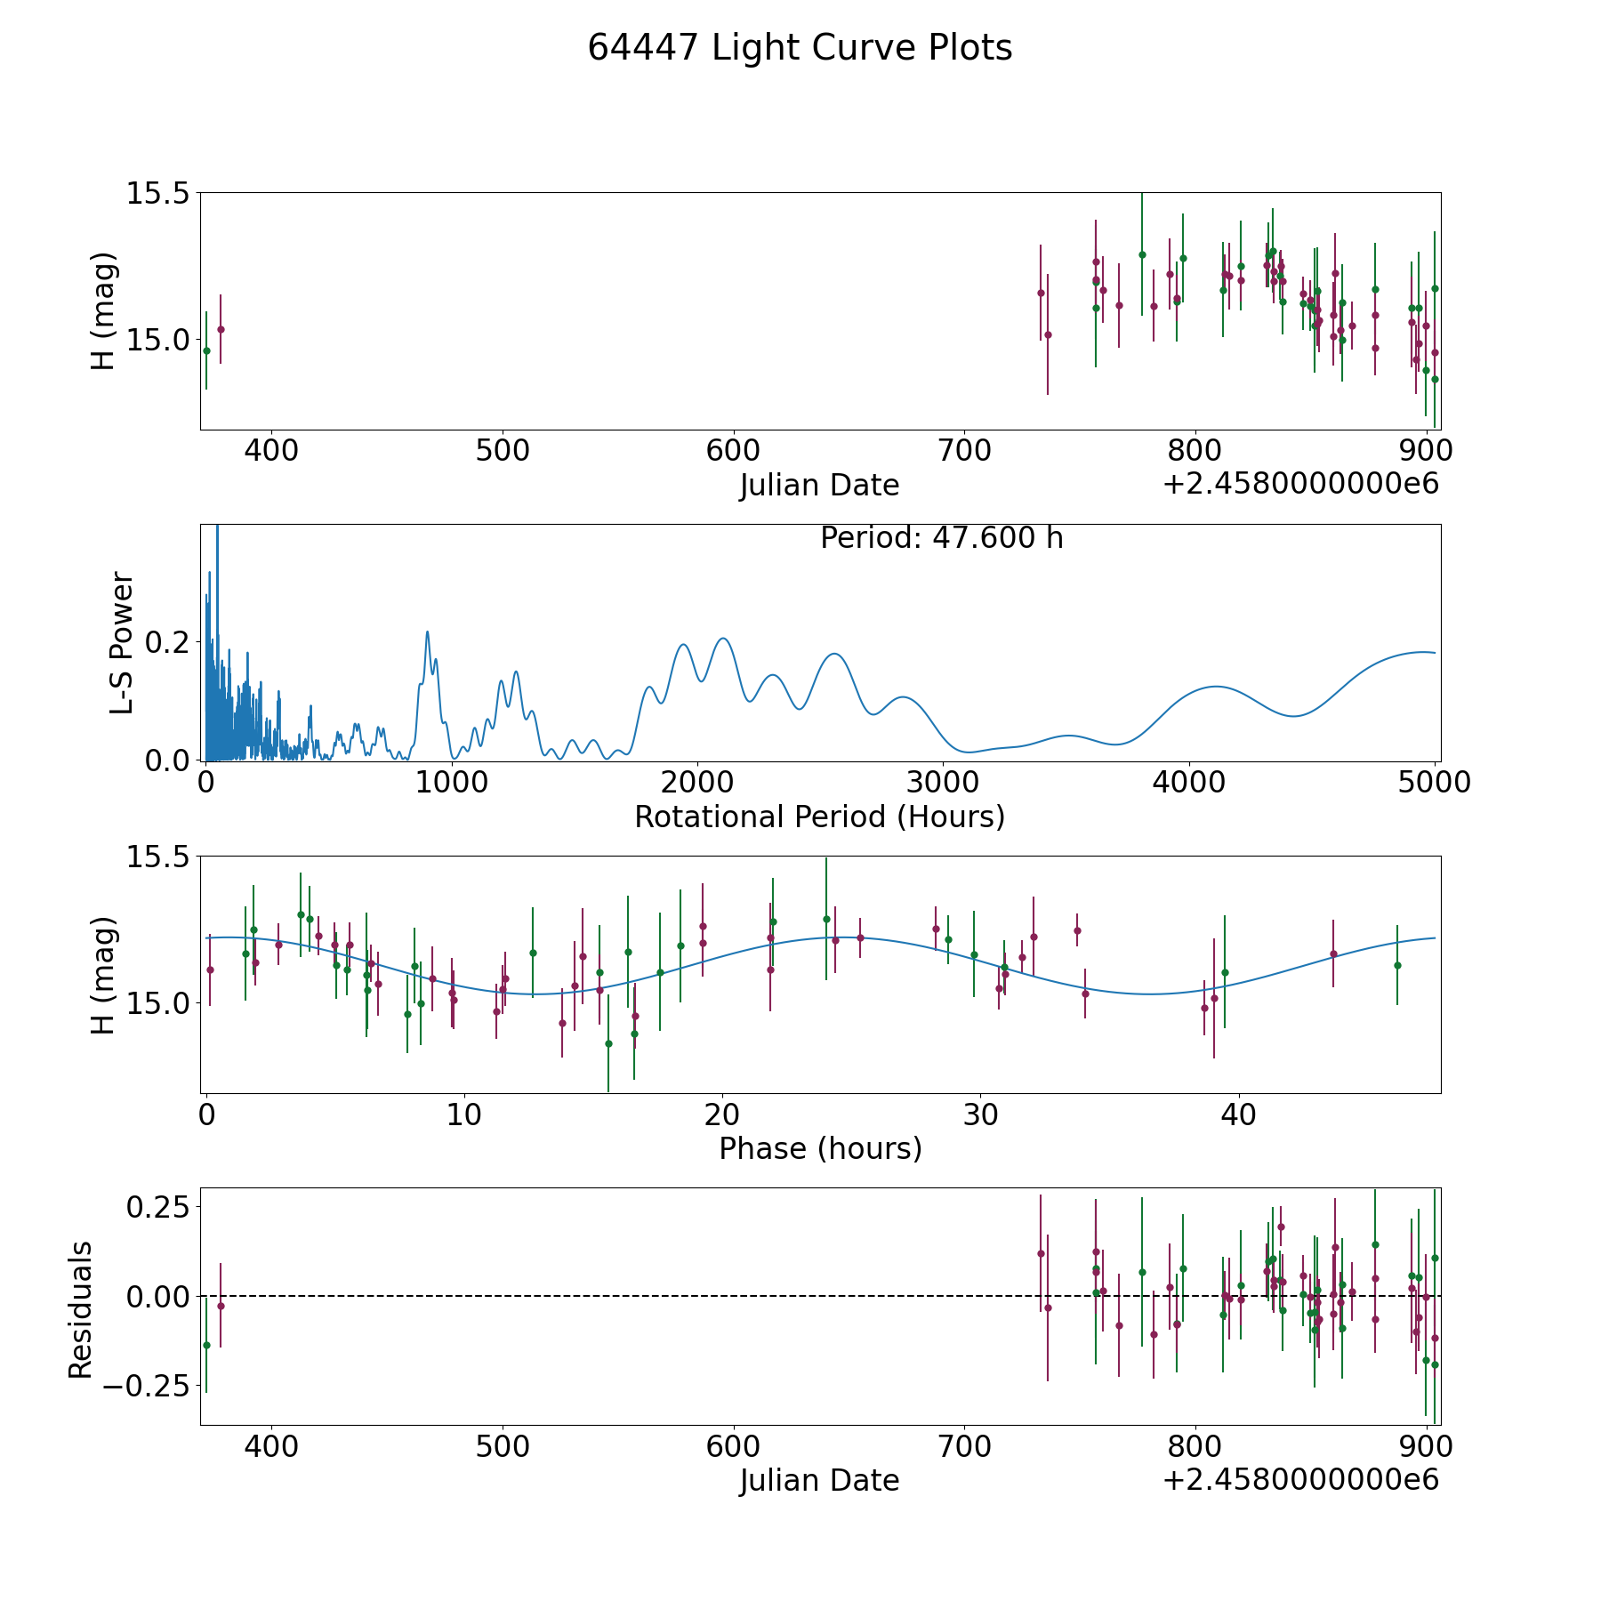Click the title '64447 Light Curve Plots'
(800, 48)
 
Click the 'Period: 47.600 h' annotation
(942, 538)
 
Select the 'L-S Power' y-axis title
(122, 643)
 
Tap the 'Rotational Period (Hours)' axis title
(819, 817)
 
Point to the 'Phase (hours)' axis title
(820, 1148)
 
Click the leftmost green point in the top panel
(206, 350)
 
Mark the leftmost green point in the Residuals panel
(206, 1345)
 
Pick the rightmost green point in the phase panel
(1397, 965)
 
